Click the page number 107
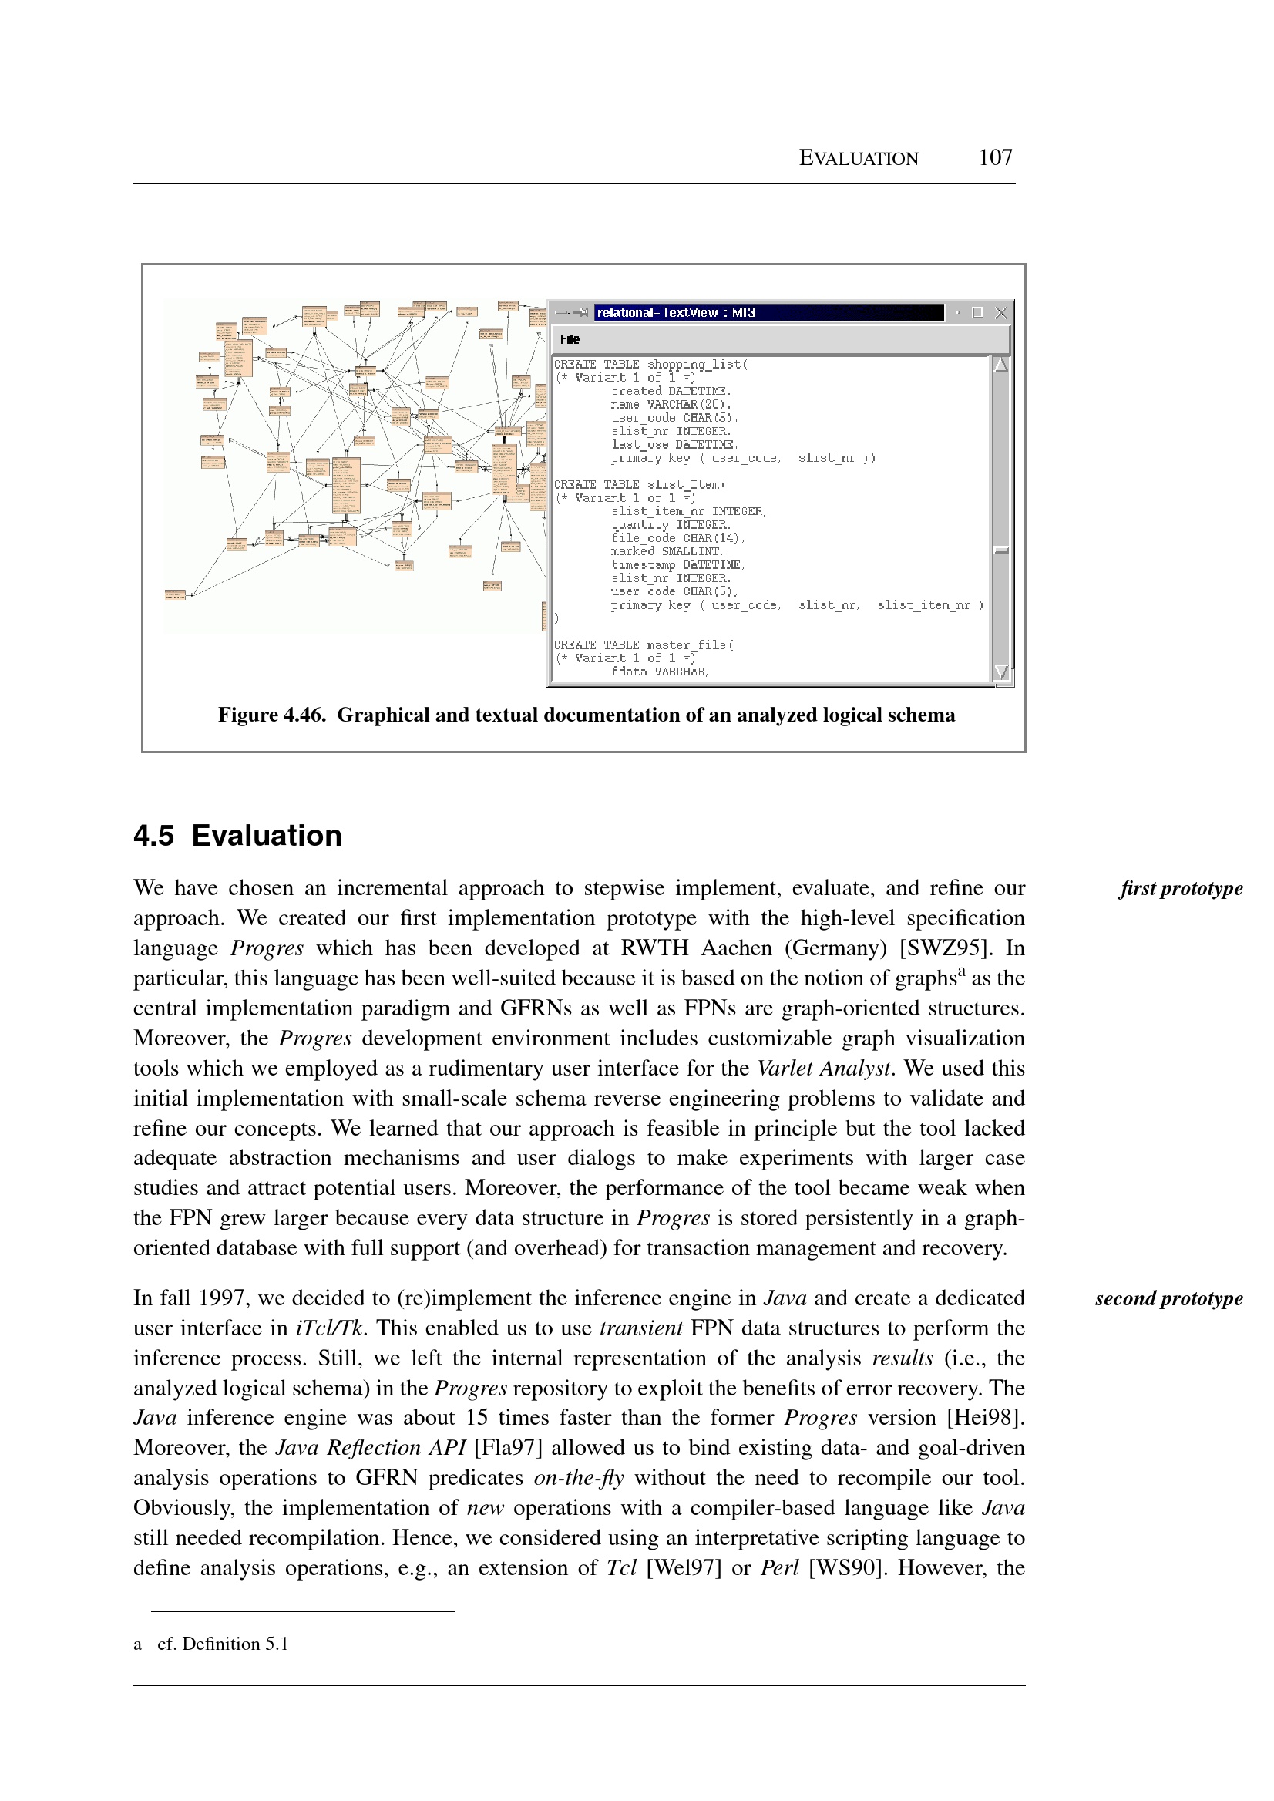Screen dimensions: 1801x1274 (995, 158)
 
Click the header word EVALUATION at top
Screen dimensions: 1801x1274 (859, 159)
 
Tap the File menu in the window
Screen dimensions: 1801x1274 (570, 339)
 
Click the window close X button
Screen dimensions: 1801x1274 (1001, 312)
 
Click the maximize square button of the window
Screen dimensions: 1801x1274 (977, 312)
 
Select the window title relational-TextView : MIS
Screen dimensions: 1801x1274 (675, 312)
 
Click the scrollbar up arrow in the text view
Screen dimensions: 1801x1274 (1000, 365)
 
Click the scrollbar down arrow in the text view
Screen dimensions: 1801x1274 (1000, 672)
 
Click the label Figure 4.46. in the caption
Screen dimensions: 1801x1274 (271, 715)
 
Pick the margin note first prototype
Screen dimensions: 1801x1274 (1180, 888)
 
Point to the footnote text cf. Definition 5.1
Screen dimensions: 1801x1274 (223, 1644)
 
